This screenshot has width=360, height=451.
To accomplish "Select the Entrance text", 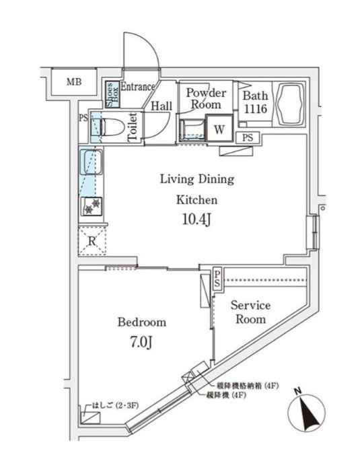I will point(137,86).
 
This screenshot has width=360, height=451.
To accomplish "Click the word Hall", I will point(160,106).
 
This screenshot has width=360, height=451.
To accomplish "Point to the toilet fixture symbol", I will point(113,127).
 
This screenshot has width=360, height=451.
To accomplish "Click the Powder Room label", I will point(206,98).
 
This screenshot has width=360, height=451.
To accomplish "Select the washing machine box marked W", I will point(218,129).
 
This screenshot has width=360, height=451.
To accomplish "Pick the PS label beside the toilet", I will point(82,119).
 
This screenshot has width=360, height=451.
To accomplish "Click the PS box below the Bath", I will point(248,137).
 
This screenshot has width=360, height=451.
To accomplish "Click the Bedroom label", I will point(141,322).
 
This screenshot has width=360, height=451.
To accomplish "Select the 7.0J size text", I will point(142,344).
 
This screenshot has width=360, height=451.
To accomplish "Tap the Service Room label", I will point(251,312).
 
